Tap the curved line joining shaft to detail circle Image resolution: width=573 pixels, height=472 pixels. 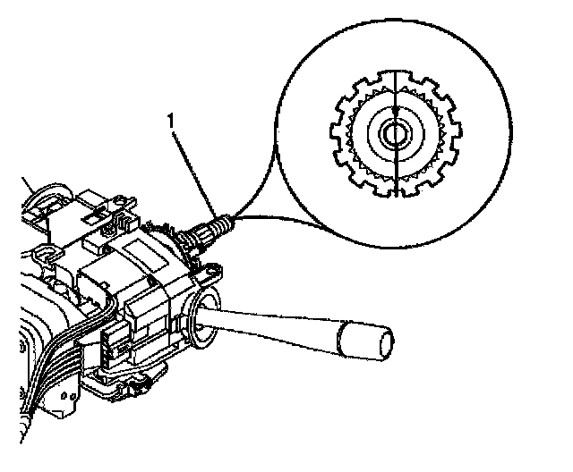[269, 216]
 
